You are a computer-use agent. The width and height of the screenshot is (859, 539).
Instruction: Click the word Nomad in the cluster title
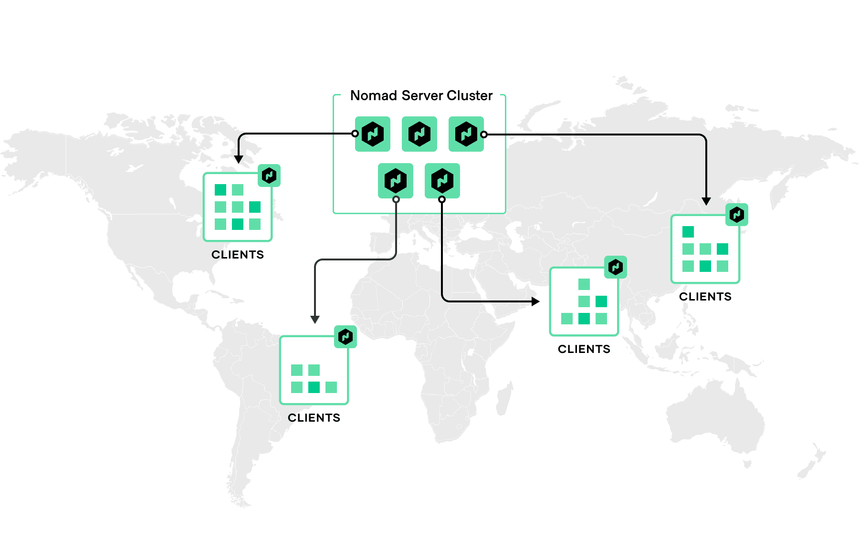[x=374, y=96]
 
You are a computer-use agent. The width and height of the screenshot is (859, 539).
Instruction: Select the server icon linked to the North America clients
[x=373, y=134]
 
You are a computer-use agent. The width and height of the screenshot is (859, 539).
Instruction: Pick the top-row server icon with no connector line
[x=419, y=134]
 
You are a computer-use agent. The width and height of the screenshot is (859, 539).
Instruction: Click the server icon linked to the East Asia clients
[x=466, y=134]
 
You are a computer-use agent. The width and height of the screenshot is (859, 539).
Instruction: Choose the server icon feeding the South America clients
[x=396, y=181]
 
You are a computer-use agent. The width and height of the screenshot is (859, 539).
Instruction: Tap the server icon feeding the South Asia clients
[x=442, y=181]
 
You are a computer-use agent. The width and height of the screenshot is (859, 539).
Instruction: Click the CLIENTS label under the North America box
[x=238, y=255]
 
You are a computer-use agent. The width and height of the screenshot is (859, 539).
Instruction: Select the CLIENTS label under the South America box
[x=314, y=418]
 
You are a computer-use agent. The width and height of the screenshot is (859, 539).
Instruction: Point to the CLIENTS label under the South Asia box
[x=584, y=349]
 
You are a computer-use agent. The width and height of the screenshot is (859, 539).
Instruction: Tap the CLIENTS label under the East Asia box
[x=705, y=297]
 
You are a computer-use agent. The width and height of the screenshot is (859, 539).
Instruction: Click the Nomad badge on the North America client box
[x=269, y=176]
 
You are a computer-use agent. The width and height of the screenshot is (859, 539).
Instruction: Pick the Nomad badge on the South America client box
[x=346, y=337]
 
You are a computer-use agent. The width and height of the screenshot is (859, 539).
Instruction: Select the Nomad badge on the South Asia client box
[x=616, y=267]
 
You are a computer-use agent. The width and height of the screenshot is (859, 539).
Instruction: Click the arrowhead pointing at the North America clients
[x=239, y=159]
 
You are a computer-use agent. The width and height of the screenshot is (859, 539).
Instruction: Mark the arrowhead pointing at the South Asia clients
[x=535, y=301]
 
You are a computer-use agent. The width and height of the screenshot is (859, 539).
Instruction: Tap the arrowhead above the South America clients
[x=315, y=319]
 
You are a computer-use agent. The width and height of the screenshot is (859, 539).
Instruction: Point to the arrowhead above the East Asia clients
[x=706, y=201]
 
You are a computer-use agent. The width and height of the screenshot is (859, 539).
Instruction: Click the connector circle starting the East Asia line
[x=484, y=135]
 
